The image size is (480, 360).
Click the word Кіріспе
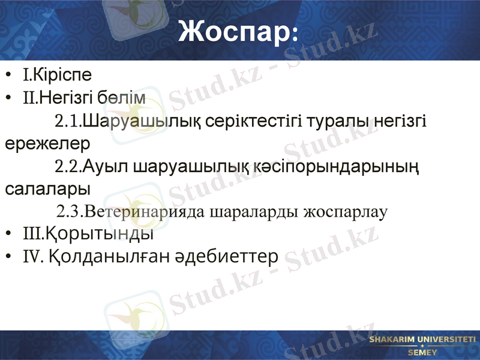click(62, 76)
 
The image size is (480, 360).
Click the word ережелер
click(47, 143)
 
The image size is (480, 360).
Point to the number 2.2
click(67, 166)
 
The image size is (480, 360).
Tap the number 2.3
click(69, 211)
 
